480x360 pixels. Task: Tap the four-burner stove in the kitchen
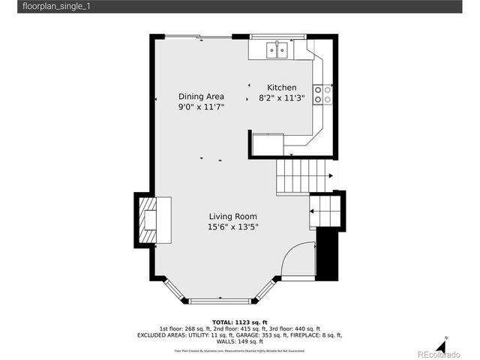(322, 94)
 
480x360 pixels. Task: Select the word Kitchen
(282, 88)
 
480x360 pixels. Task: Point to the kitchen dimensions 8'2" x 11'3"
(282, 97)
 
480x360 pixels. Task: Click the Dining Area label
(201, 96)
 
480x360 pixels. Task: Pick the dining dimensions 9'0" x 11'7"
(201, 107)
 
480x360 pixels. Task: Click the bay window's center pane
(220, 301)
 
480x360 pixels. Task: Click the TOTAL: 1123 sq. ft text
(239, 322)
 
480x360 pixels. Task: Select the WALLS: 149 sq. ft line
(239, 341)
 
